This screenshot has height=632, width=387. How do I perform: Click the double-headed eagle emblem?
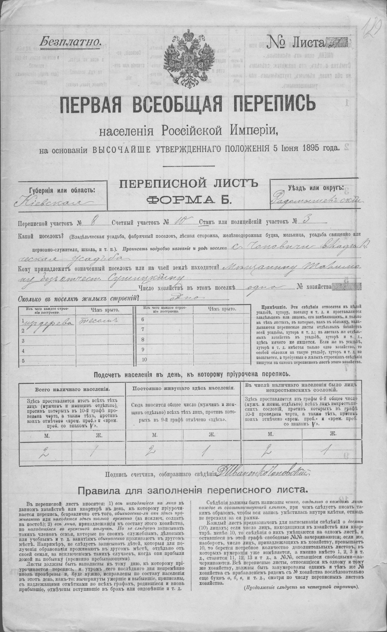click(x=187, y=59)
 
